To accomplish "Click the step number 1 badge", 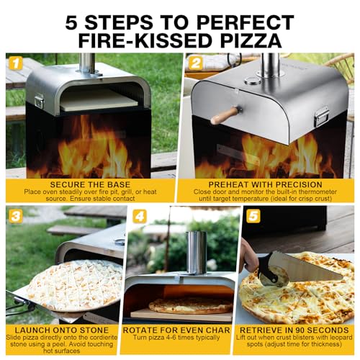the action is (x=16, y=63).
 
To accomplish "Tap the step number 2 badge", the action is (x=195, y=63).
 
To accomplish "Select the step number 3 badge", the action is (x=16, y=217).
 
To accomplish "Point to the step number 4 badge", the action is (x=140, y=217).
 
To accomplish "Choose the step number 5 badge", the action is (x=253, y=217).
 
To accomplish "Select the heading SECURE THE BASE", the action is (x=90, y=184).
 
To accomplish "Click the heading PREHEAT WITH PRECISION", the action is (x=265, y=184).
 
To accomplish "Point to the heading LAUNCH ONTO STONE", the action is (x=62, y=330).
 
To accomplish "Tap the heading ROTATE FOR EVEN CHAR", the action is (x=176, y=330).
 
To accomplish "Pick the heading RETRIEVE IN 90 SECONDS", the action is (x=294, y=330).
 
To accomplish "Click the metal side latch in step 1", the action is (x=39, y=101).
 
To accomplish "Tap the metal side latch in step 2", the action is (x=321, y=117).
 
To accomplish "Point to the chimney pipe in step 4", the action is (x=197, y=253).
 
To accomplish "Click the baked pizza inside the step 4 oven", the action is (x=191, y=305).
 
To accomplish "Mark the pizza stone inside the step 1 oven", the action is (x=99, y=101).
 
